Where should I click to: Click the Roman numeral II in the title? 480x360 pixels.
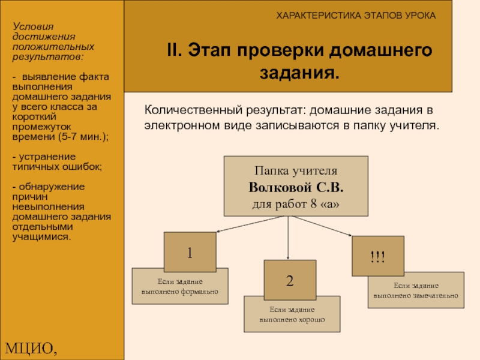click(x=174, y=50)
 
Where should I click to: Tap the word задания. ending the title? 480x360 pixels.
click(x=299, y=74)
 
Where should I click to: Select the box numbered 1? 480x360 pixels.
click(x=190, y=253)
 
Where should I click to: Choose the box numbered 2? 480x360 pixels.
click(x=290, y=280)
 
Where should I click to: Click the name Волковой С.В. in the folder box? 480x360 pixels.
click(x=296, y=187)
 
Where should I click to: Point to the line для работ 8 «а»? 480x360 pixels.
click(x=296, y=204)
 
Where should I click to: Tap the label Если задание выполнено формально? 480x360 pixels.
click(x=180, y=287)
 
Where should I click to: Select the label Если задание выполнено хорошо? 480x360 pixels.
click(x=292, y=314)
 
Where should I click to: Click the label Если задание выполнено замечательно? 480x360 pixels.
click(x=416, y=290)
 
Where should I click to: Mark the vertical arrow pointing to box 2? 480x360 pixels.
click(x=289, y=238)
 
